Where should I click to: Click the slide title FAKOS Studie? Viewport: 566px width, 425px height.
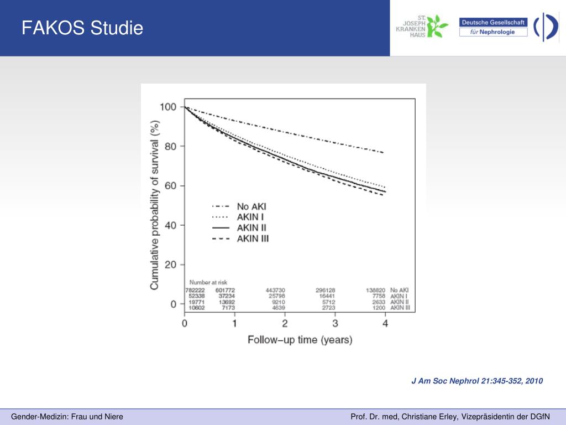coord(82,28)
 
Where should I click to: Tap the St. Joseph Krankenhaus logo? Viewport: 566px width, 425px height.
coord(422,26)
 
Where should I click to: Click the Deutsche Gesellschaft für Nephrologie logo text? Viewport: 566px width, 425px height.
coord(493,27)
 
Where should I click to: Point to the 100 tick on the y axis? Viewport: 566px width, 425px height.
coord(168,107)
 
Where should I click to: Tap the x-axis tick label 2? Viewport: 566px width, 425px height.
coord(285,323)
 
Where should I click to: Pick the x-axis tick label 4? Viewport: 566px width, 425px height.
coord(386,323)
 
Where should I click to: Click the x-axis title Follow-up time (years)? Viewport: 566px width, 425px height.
coord(299,340)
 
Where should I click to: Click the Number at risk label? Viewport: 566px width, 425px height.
coord(208,282)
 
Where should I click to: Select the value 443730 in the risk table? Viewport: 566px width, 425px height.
coord(275,290)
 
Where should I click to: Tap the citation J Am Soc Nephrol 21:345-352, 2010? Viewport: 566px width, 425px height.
coord(477,381)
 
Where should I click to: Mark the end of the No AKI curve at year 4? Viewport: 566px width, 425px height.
coord(383,152)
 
